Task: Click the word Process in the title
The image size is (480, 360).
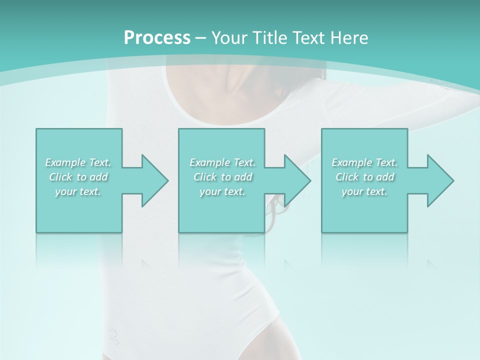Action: point(157,38)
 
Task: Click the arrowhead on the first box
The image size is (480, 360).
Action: point(155,180)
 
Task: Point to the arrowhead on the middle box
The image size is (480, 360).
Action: point(298,180)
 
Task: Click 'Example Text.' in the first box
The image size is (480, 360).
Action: point(78,162)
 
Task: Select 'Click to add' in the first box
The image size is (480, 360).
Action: point(78,177)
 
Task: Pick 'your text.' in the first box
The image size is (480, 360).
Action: point(78,191)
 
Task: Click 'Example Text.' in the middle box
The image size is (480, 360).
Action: point(222,162)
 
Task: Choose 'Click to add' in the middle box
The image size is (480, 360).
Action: point(222,177)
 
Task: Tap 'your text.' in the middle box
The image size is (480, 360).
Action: point(222,191)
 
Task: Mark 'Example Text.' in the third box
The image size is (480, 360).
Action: point(364,162)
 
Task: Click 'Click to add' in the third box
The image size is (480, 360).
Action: point(364,177)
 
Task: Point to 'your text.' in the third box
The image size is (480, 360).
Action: point(364,191)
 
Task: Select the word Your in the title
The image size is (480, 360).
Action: point(227,38)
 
